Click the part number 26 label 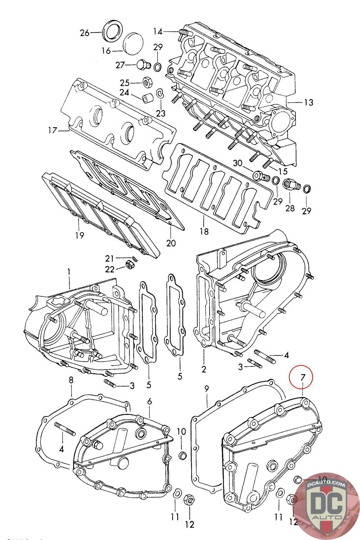pos(84,33)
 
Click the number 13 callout pos(308,102)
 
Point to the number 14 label pos(158,32)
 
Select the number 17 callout pos(52,130)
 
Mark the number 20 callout pos(171,243)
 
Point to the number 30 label pos(238,163)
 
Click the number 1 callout pos(69,272)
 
